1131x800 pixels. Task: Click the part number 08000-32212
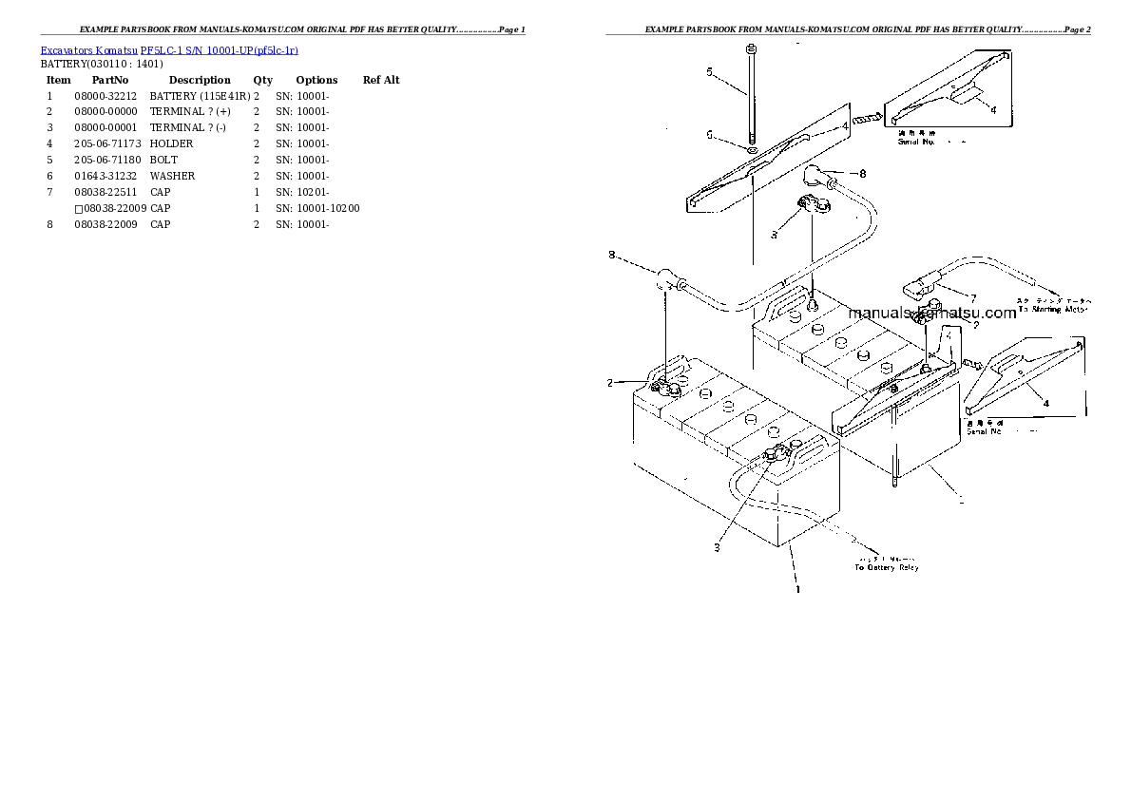(x=105, y=96)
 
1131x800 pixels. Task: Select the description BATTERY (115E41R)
(x=200, y=96)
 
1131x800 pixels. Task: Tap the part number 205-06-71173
(x=105, y=143)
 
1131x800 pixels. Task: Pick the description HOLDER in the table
(x=171, y=143)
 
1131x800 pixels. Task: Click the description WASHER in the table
(x=172, y=176)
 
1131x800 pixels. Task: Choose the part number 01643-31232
(x=105, y=176)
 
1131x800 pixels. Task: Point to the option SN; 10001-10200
(x=317, y=208)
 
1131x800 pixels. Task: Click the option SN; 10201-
(x=302, y=192)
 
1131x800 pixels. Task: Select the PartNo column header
(x=109, y=80)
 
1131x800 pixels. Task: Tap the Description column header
(x=200, y=80)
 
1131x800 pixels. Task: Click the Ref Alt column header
(x=381, y=80)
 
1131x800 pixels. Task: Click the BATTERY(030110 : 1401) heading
(x=102, y=64)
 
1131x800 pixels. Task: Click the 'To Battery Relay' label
(x=887, y=567)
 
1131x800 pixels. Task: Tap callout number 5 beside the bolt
(x=709, y=71)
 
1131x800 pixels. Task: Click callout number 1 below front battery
(x=797, y=589)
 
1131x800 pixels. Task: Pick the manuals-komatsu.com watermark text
(x=932, y=313)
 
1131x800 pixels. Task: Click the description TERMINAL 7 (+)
(x=190, y=112)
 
